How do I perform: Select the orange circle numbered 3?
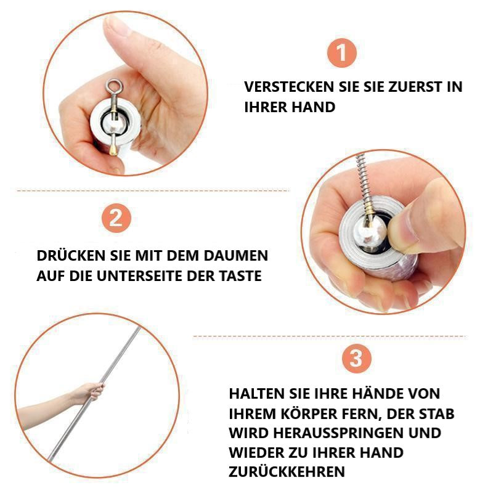click(356, 359)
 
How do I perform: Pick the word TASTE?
click(240, 275)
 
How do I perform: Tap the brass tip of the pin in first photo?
click(114, 147)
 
